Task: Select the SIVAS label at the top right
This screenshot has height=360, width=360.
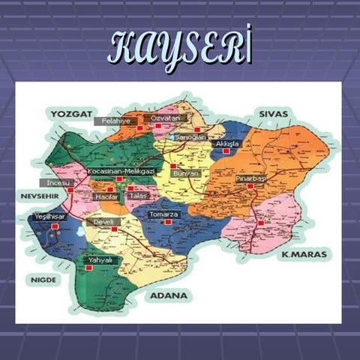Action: pyautogui.click(x=274, y=113)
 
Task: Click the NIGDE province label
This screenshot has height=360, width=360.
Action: pyautogui.click(x=43, y=279)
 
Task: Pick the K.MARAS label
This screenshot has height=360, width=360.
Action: pyautogui.click(x=304, y=255)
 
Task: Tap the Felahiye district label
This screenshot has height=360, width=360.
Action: pyautogui.click(x=116, y=120)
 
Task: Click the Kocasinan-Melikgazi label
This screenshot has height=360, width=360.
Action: pyautogui.click(x=121, y=172)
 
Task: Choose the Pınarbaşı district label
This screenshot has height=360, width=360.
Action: pyautogui.click(x=250, y=178)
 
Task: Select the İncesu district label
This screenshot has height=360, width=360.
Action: pyautogui.click(x=58, y=182)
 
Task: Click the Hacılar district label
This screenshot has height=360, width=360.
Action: pyautogui.click(x=106, y=196)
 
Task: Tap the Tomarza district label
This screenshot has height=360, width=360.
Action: pyautogui.click(x=163, y=214)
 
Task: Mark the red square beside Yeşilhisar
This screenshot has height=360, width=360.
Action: pyautogui.click(x=54, y=225)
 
